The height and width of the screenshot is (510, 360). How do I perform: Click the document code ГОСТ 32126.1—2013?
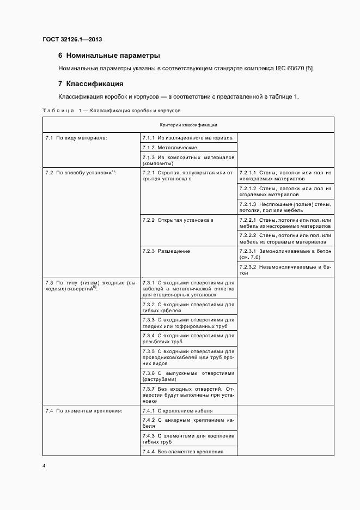(72, 40)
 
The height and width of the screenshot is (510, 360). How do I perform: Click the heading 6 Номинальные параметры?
(109, 56)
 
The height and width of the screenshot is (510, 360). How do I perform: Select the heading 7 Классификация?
(90, 84)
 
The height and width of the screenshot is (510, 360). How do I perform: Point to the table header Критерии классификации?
(188, 125)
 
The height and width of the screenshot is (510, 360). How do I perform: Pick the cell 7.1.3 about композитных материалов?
(188, 160)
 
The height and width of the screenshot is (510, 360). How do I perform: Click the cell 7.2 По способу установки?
(82, 173)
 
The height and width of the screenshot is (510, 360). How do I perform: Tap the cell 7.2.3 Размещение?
(166, 251)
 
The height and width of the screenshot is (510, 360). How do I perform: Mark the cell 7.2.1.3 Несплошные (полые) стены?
(285, 207)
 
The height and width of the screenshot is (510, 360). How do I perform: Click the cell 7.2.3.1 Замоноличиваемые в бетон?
(285, 254)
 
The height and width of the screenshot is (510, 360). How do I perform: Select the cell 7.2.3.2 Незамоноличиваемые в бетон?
(285, 270)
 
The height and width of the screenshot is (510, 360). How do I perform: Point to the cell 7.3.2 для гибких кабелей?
(188, 307)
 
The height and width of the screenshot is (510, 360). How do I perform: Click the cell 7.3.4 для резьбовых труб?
(188, 338)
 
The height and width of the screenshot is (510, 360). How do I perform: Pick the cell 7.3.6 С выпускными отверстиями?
(188, 376)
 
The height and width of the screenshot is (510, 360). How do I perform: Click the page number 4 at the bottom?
(44, 466)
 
